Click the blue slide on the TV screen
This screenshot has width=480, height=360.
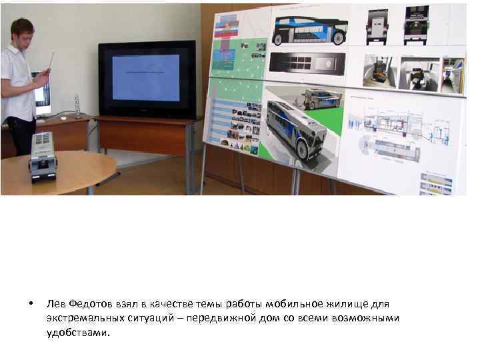[x=146, y=77]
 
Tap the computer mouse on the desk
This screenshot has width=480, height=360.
[x=63, y=118]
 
